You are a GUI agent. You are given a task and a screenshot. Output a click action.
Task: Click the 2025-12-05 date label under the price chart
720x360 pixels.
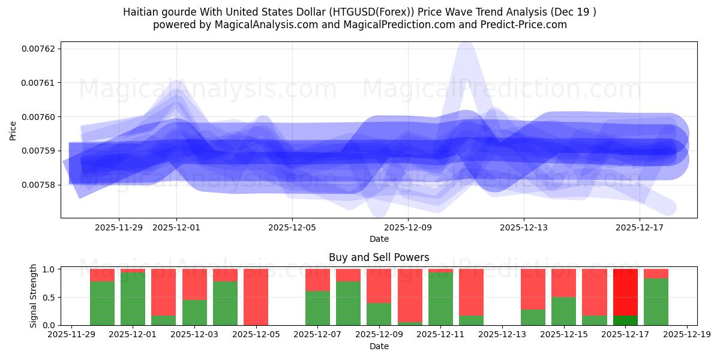point(292,227)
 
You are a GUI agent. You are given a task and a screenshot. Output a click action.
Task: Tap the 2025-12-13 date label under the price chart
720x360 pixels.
point(524,227)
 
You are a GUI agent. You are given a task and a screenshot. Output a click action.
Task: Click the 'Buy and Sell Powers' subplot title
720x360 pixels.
point(379,257)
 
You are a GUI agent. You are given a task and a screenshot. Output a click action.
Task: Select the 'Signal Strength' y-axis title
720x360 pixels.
point(34,296)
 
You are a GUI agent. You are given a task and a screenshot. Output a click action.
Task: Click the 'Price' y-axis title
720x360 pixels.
point(13,130)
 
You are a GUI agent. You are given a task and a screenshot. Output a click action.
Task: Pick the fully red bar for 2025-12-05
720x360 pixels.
point(256,297)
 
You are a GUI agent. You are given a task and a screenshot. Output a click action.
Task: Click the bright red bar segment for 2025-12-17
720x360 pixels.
point(625,292)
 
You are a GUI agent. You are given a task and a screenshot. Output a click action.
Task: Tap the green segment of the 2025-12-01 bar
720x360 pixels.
point(133,299)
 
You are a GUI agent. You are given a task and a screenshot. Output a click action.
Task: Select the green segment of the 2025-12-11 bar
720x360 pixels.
point(441,299)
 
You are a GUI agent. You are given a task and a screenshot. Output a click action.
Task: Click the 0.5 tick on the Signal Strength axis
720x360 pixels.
point(50,297)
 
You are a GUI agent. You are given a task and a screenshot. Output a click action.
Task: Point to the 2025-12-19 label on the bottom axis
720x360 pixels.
point(686,335)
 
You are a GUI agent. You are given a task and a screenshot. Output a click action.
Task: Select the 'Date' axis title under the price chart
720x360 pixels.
point(379,239)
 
